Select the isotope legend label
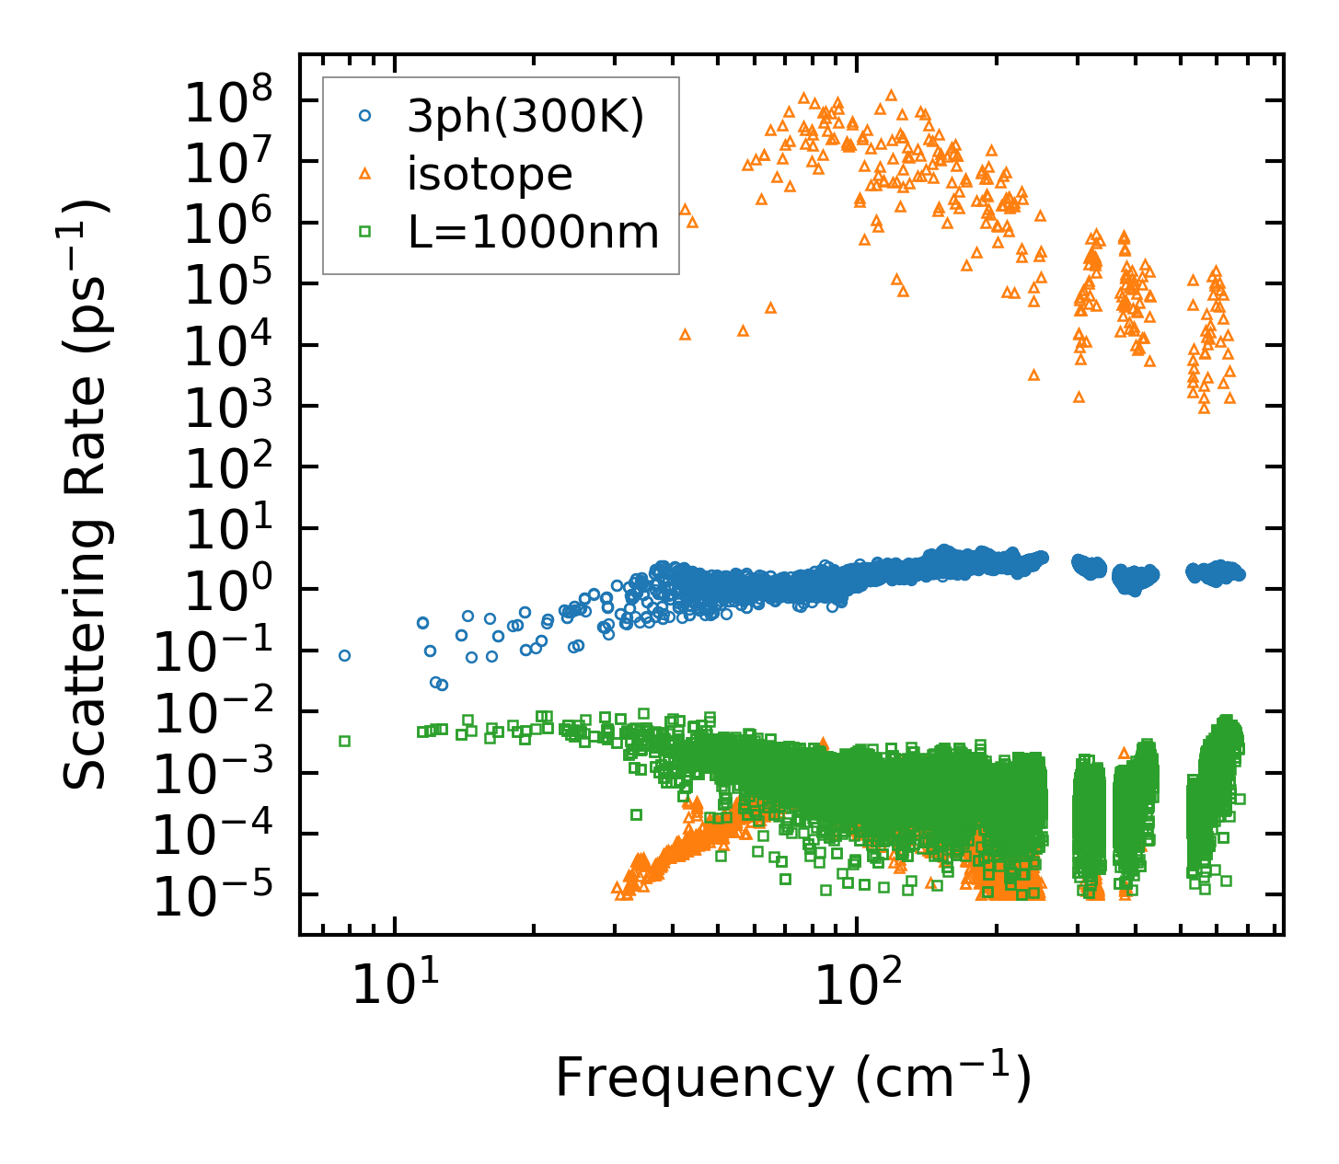[x=490, y=174]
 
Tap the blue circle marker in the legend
[x=365, y=116]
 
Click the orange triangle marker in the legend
[x=365, y=174]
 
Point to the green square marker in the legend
[x=365, y=232]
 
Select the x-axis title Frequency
[x=792, y=1078]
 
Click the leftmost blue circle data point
[x=345, y=655]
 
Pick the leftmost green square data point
[x=345, y=741]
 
